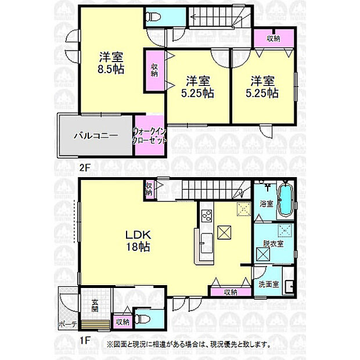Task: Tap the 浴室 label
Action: point(266,204)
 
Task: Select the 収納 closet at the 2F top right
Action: point(273,38)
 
